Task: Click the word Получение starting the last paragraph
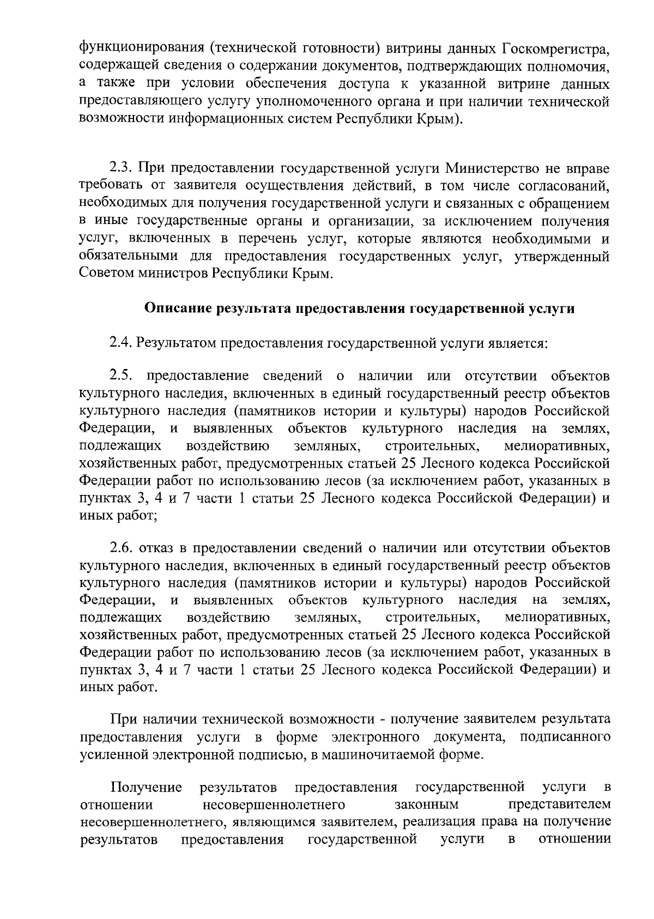tap(146, 787)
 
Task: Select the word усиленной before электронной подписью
tap(112, 755)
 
